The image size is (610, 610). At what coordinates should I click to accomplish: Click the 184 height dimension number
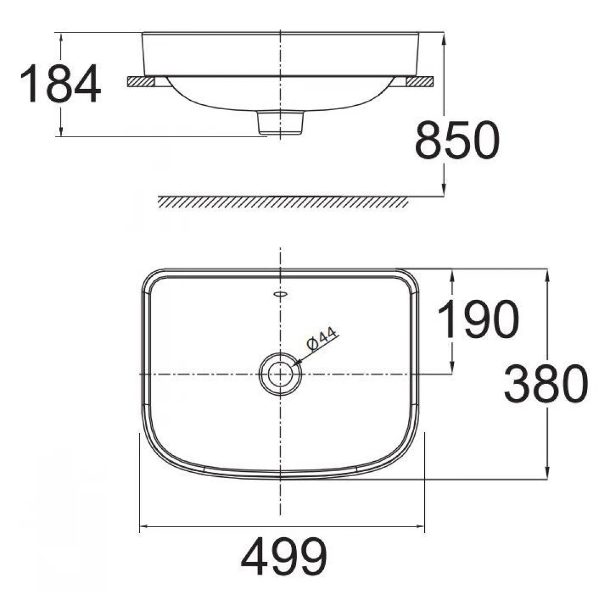60,85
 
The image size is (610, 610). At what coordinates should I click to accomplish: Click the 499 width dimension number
284,557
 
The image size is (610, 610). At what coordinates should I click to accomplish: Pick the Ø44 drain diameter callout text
322,340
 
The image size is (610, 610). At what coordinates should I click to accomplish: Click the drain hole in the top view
280,374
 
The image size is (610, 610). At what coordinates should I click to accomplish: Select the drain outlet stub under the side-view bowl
280,122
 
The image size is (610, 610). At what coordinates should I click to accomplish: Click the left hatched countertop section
140,82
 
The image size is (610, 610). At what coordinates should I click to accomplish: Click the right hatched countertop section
420,82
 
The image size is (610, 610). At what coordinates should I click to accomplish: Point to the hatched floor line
283,202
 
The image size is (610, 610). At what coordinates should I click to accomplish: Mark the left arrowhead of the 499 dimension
143,526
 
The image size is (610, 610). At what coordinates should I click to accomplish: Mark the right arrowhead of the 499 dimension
420,526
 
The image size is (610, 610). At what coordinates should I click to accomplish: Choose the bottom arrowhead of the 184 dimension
60,132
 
